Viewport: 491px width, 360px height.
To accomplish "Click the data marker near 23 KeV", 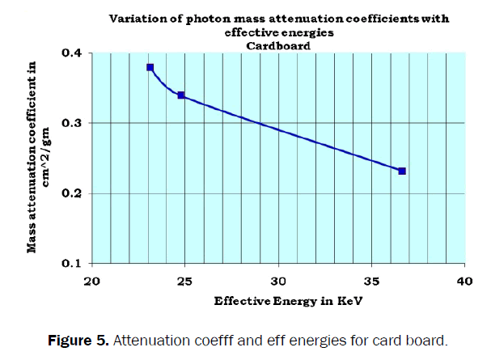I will tap(150, 67).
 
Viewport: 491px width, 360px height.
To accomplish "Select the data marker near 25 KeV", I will tap(181, 95).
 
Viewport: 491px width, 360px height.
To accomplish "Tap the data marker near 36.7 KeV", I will tap(402, 171).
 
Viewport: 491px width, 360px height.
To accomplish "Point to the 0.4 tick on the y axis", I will tap(74, 53).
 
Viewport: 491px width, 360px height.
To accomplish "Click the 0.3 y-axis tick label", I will tap(74, 123).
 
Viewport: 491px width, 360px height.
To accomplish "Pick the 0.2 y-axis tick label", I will tap(74, 193).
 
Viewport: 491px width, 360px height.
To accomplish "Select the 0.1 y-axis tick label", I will tap(74, 264).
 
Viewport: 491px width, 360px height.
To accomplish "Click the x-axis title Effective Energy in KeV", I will tap(277, 301).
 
